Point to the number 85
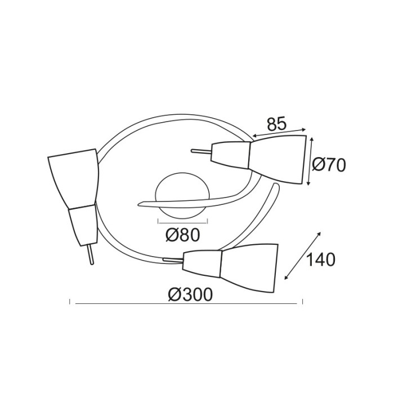click(276, 124)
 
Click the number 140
click(320, 259)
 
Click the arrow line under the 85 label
click(279, 132)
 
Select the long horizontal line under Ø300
click(186, 304)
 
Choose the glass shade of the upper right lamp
click(278, 158)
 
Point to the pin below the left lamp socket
click(90, 253)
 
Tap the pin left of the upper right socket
click(200, 151)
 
